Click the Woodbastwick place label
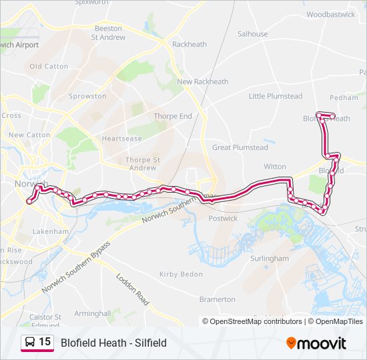point(331,14)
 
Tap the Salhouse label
point(252,34)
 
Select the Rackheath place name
point(190,45)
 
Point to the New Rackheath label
point(202,82)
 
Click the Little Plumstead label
point(276,96)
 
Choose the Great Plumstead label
point(240,147)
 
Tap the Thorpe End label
point(173,116)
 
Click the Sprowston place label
point(87,96)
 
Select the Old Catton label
point(49,67)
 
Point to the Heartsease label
point(121,139)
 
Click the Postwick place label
point(223,218)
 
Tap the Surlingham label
point(269,259)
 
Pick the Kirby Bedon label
point(181,274)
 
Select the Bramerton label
point(217,299)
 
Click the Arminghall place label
point(92,313)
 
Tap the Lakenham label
point(50,231)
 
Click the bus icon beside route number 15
point(29,343)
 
